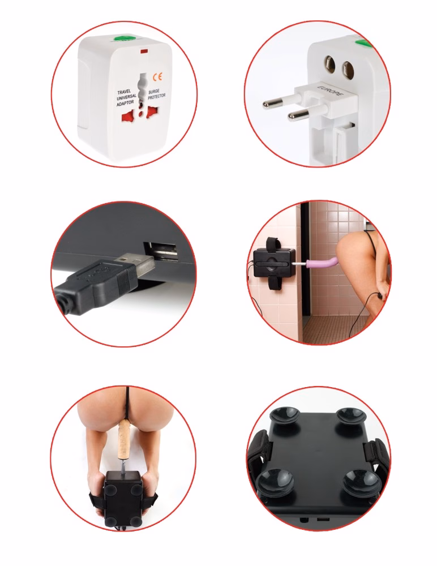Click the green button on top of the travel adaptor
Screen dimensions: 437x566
123,37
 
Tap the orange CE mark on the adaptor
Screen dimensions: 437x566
157,77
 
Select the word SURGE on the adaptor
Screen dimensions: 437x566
154,92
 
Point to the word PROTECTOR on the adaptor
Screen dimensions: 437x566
156,97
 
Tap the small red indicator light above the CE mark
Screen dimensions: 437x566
143,52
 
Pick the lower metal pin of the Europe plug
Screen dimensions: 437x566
298,115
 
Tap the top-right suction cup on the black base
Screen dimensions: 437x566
350,418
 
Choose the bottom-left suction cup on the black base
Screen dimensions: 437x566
275,482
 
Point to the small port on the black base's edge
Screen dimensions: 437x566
323,520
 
